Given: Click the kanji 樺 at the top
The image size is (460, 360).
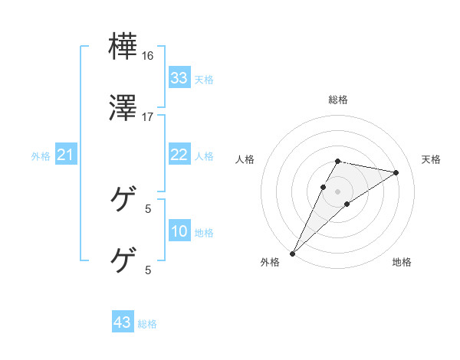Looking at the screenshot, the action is coord(123,47).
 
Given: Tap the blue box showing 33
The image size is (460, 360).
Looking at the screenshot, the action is coord(179,78).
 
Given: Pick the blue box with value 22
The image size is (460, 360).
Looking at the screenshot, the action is coord(179,155).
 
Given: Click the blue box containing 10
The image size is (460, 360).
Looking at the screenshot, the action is coord(179,232).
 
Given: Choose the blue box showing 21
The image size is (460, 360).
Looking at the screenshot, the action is coord(66,155).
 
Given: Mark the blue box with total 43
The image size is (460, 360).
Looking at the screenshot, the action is coord(123,322).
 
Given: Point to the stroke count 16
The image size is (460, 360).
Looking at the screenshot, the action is coord(148,56).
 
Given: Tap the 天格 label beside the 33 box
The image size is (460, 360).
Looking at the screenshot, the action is coord(204,80).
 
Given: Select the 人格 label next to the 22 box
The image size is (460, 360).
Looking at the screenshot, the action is coord(204,156).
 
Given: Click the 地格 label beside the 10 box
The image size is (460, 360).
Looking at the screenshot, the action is coord(204,233).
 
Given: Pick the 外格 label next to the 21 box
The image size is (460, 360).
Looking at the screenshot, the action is coord(41,156).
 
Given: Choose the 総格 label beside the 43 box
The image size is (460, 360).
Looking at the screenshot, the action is coord(147,324).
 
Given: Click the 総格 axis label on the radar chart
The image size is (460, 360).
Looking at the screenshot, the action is coord(338,100).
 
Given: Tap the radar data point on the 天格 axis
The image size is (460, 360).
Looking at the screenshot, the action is coord(396,172).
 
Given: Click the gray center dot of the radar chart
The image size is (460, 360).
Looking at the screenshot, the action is coord(338,191).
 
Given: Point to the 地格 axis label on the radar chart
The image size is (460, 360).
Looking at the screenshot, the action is coord(402,263).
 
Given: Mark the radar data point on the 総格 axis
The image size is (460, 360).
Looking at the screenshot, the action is coord(338,161).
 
